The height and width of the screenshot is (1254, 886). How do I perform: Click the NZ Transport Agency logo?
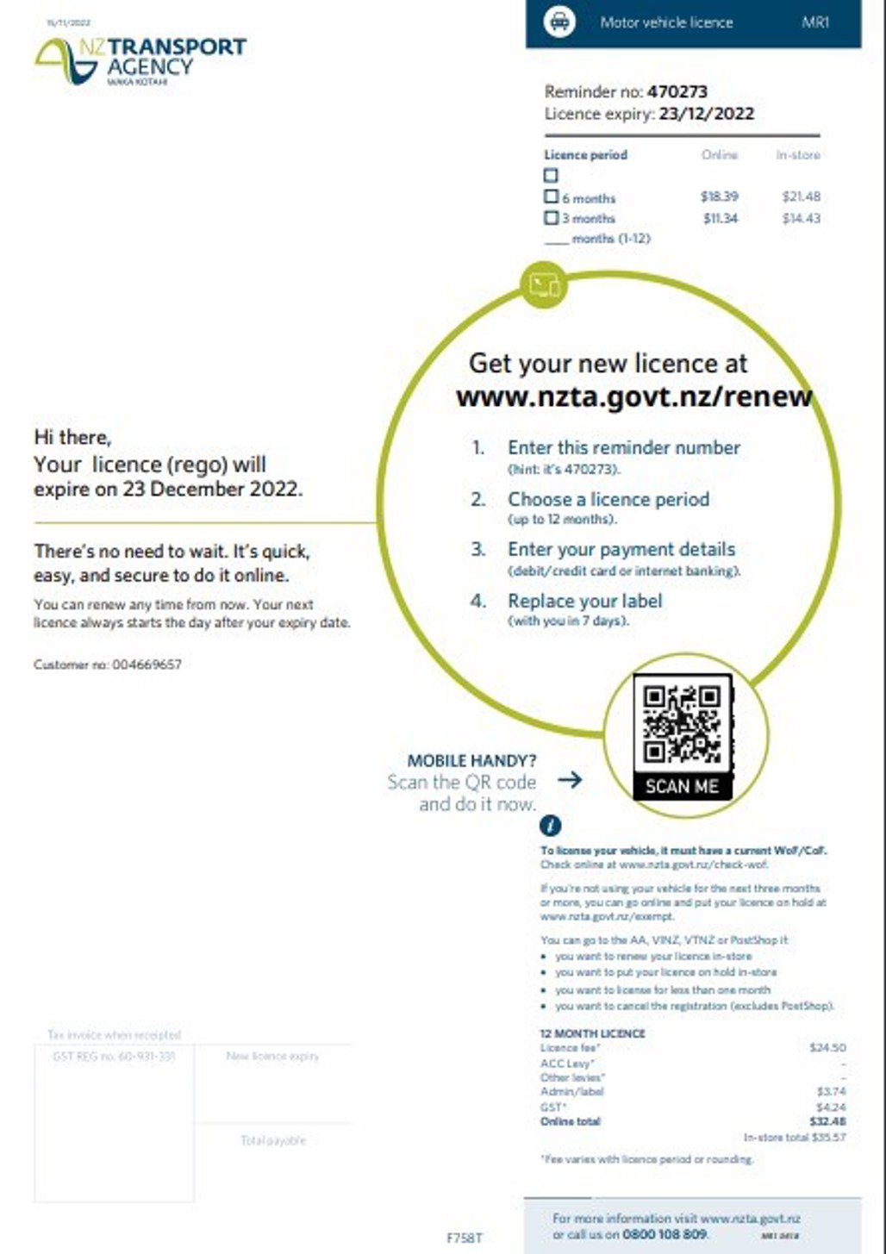(x=140, y=60)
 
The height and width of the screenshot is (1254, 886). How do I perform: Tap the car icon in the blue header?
(x=559, y=22)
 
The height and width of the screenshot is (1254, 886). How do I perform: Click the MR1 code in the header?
(x=814, y=22)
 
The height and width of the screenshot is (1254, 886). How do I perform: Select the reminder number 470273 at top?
(x=677, y=91)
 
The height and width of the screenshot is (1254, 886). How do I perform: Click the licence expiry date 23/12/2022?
(x=706, y=114)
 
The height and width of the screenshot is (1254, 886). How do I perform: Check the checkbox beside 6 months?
(x=552, y=197)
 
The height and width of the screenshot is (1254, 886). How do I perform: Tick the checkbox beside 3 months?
(x=552, y=218)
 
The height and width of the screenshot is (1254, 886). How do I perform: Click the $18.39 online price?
(x=719, y=197)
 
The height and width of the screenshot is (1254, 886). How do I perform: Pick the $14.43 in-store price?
(x=801, y=219)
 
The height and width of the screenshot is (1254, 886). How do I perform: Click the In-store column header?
(x=797, y=155)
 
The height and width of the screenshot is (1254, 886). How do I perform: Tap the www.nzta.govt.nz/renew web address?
(x=633, y=396)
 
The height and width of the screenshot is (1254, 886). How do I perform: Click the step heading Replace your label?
(x=584, y=601)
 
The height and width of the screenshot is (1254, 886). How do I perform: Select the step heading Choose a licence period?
(x=608, y=499)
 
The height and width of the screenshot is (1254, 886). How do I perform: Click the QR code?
(x=682, y=724)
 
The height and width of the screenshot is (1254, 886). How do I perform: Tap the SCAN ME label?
(x=681, y=786)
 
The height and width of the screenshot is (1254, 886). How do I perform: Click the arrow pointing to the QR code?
(x=570, y=780)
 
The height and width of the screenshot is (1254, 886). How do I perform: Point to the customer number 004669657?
(x=147, y=664)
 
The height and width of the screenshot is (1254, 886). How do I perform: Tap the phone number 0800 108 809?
(x=664, y=1234)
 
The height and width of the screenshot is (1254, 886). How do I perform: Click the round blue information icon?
(x=550, y=826)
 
